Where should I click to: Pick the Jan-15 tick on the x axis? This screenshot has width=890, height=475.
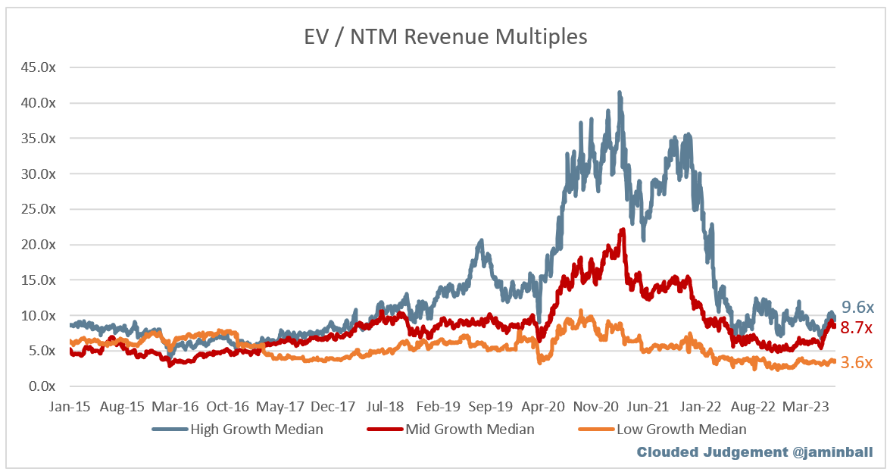point(70,407)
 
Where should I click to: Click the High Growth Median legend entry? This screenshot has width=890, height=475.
point(239,430)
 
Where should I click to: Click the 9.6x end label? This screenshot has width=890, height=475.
point(857,308)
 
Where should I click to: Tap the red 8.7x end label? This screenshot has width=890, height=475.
point(857,328)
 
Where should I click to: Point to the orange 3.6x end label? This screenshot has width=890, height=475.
point(857,363)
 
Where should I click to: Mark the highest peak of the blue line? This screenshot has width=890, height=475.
point(620,93)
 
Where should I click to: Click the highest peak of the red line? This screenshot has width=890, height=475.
point(622,230)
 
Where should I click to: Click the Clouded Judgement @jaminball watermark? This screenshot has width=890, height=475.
point(754,452)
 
